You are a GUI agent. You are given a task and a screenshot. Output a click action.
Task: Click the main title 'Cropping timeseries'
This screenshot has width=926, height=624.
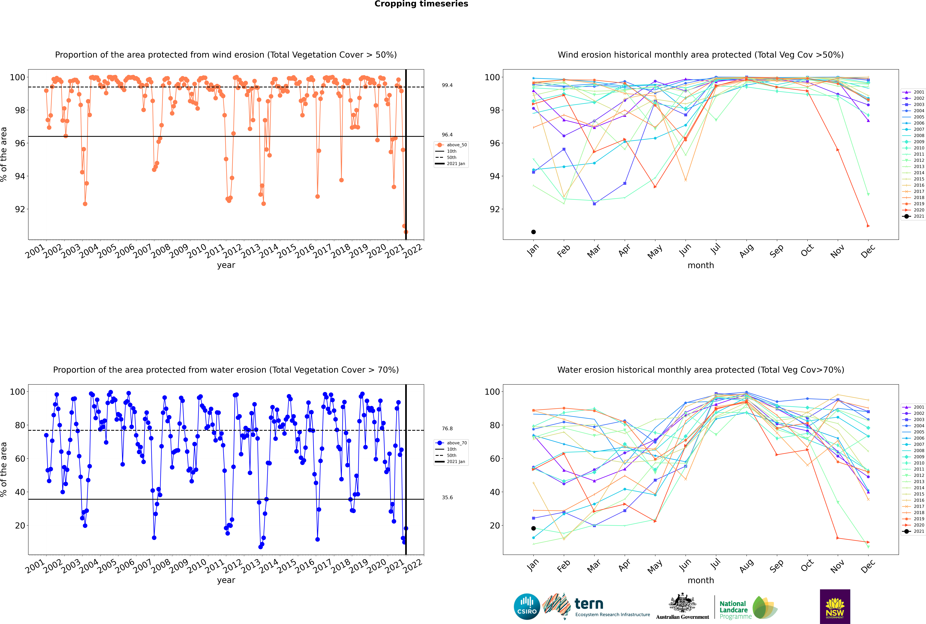pyautogui.click(x=421, y=4)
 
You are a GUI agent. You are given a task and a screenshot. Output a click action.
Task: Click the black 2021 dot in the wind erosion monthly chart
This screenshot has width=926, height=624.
pyautogui.click(x=533, y=232)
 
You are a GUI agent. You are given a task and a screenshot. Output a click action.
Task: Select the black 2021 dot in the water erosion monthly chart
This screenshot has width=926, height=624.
pyautogui.click(x=533, y=528)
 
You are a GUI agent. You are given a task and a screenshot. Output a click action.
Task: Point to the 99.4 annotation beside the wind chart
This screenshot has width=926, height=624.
pyautogui.click(x=447, y=85)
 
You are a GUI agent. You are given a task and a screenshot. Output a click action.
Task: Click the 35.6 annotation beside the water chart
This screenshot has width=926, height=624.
pyautogui.click(x=447, y=497)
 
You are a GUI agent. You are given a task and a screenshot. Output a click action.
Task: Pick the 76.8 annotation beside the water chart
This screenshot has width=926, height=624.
pyautogui.click(x=447, y=429)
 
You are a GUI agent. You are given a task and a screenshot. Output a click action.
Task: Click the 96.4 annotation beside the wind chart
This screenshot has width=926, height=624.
pyautogui.click(x=447, y=135)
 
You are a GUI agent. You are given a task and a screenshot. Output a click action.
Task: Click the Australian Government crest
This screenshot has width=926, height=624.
pyautogui.click(x=682, y=607)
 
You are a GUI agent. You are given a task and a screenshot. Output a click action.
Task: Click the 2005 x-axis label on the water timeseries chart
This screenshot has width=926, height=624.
pyautogui.click(x=107, y=566)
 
